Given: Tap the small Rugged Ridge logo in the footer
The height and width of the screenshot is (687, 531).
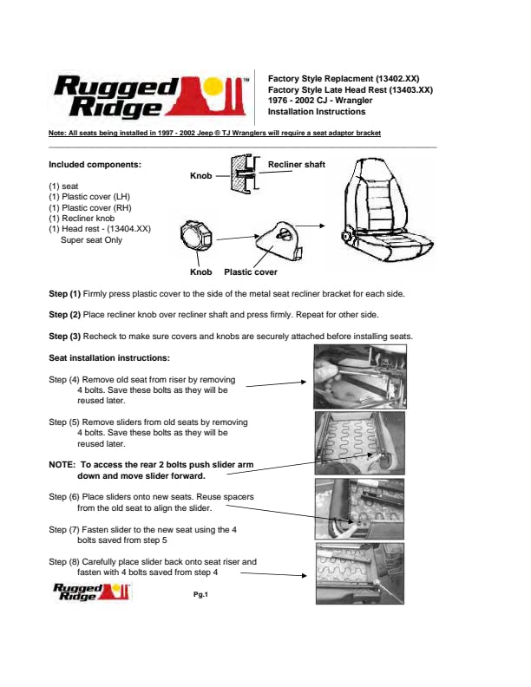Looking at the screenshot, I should point(91,592).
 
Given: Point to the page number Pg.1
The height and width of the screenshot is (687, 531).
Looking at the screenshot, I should point(206,594).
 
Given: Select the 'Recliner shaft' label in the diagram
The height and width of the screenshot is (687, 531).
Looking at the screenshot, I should point(296,164).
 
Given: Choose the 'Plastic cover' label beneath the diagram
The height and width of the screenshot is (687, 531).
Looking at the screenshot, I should point(251,272).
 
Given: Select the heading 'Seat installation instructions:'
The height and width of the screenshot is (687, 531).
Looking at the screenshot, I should point(109,357).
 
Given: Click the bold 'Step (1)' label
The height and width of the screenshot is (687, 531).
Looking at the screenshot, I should point(64,294).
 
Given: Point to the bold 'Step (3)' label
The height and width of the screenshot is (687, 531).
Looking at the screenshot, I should point(64,336).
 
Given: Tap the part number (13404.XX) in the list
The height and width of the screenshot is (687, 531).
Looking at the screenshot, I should point(128,229).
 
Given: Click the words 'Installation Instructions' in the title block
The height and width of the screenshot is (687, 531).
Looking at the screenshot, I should point(317,112).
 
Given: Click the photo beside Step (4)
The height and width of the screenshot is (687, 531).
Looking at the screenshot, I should point(358,377).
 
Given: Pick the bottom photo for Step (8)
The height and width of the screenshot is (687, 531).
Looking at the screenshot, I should point(358,572).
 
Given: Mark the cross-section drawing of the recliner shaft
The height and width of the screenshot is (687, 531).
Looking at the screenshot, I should point(242,172).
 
